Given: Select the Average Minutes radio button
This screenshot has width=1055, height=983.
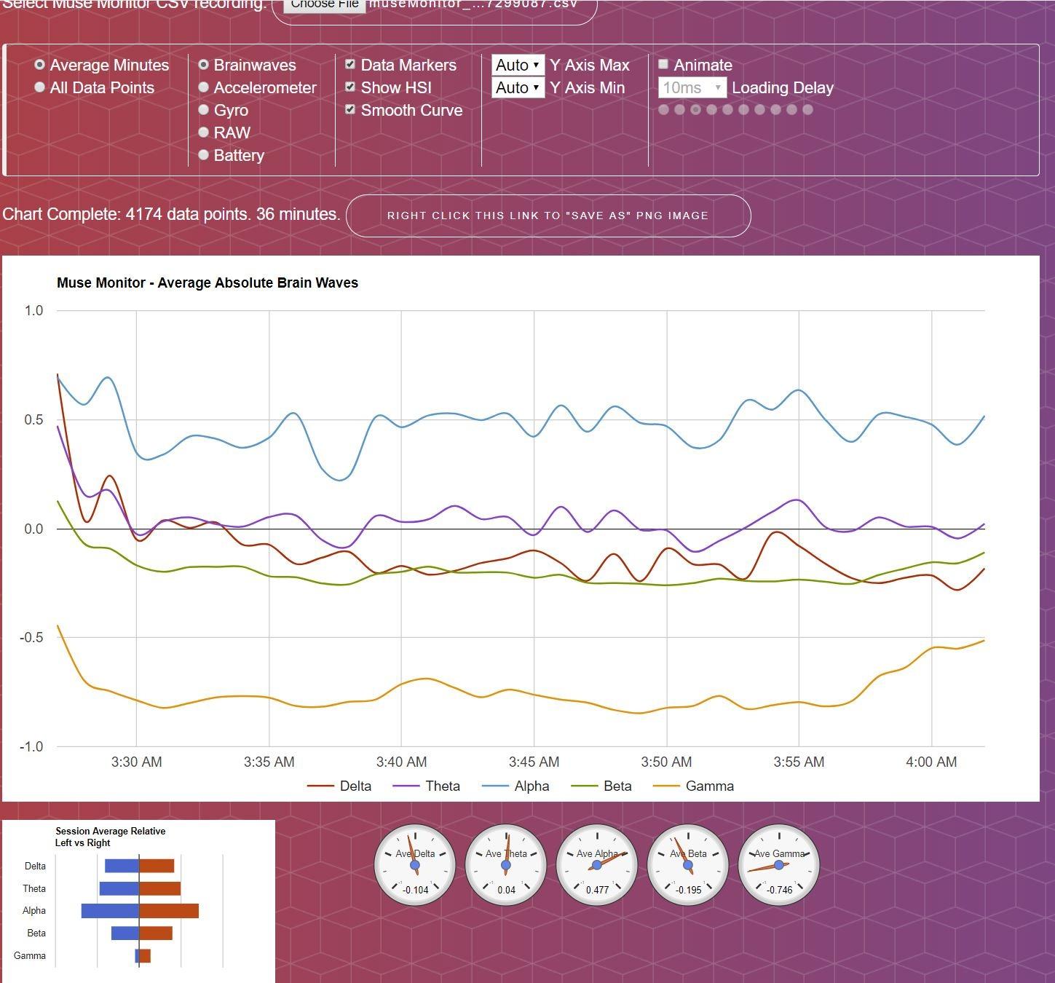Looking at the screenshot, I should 40,65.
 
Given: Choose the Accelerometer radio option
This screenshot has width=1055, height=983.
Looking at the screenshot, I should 204,87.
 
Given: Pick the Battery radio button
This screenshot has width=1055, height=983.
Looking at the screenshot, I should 204,155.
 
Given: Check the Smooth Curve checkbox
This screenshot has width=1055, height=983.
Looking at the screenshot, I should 350,110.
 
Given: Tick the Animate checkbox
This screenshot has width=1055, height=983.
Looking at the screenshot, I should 663,65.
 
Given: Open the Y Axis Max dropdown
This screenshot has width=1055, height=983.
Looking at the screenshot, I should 518,65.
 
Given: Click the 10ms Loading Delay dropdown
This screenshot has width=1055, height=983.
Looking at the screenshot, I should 692,87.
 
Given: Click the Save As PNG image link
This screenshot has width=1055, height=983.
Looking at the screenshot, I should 548,216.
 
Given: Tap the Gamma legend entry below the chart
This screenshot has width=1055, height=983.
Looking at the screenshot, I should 709,786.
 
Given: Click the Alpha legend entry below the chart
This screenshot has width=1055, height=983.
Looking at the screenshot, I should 532,786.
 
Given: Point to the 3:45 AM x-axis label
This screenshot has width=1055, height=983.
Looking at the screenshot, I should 534,762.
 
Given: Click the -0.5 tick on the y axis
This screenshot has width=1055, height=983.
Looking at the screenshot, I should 33,637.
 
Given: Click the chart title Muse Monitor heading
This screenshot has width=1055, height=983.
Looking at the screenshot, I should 208,283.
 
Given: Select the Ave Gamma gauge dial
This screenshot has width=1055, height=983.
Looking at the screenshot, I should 779,865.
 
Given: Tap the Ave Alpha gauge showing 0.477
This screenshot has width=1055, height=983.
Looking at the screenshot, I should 597,865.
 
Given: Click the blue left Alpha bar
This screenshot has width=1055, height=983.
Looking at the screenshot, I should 110,911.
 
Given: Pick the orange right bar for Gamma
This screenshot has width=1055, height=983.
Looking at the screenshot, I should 145,956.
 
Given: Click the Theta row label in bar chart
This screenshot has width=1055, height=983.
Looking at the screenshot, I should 34,888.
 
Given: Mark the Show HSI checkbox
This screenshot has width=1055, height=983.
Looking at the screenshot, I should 350,87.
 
